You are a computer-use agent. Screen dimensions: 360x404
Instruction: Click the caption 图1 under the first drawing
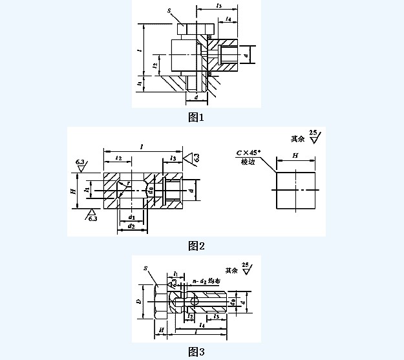pyautogui.click(x=196, y=118)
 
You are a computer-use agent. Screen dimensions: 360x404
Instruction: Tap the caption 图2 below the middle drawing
pyautogui.click(x=197, y=246)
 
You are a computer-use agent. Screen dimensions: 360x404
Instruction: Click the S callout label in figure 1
pyautogui.click(x=169, y=10)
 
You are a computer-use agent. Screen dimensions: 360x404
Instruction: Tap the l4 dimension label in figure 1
pyautogui.click(x=230, y=20)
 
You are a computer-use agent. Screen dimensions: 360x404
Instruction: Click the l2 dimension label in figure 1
pyautogui.click(x=155, y=65)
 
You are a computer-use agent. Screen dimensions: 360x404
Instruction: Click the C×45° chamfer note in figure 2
pyautogui.click(x=247, y=153)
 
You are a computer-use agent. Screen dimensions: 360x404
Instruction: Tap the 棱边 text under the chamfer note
pyautogui.click(x=248, y=163)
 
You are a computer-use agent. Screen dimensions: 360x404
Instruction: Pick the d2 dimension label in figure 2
pyautogui.click(x=131, y=227)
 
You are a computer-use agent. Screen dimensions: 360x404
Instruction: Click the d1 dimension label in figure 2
pyautogui.click(x=131, y=217)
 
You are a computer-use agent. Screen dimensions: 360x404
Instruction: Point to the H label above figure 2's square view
pyautogui.click(x=295, y=156)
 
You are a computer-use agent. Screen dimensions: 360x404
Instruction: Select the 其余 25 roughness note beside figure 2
pyautogui.click(x=306, y=137)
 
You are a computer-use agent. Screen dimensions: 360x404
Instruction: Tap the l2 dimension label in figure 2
pyautogui.click(x=118, y=157)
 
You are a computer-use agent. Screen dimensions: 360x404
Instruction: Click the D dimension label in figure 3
pyautogui.click(x=138, y=301)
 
